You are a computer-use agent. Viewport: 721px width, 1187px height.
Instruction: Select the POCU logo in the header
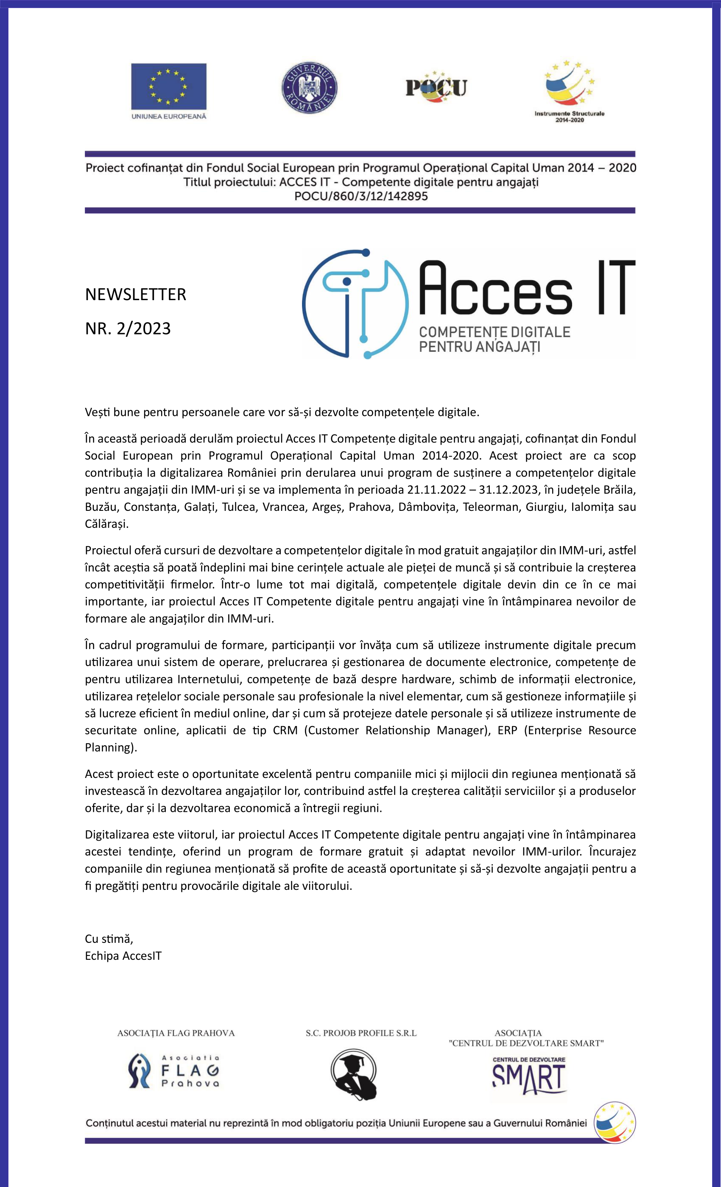tap(436, 87)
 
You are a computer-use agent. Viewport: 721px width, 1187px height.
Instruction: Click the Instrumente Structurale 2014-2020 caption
tap(569, 117)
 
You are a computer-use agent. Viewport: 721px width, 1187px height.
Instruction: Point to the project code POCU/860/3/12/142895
tap(361, 196)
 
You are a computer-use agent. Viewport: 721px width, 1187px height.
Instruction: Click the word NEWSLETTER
tap(135, 294)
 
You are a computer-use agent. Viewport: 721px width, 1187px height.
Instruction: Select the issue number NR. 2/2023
tap(128, 329)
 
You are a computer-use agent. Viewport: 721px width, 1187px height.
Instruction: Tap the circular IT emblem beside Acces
tap(355, 304)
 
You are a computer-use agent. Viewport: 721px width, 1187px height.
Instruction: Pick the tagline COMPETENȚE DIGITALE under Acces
tap(495, 332)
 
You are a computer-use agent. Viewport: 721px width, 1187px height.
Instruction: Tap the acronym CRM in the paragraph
tap(285, 730)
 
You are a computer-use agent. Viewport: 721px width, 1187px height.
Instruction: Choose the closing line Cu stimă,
tap(109, 939)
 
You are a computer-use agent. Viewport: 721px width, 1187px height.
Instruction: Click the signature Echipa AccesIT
tap(123, 956)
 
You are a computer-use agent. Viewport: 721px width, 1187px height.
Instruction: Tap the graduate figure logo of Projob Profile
tap(354, 1074)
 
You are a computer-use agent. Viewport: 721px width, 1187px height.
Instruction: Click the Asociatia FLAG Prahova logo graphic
tap(173, 1071)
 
